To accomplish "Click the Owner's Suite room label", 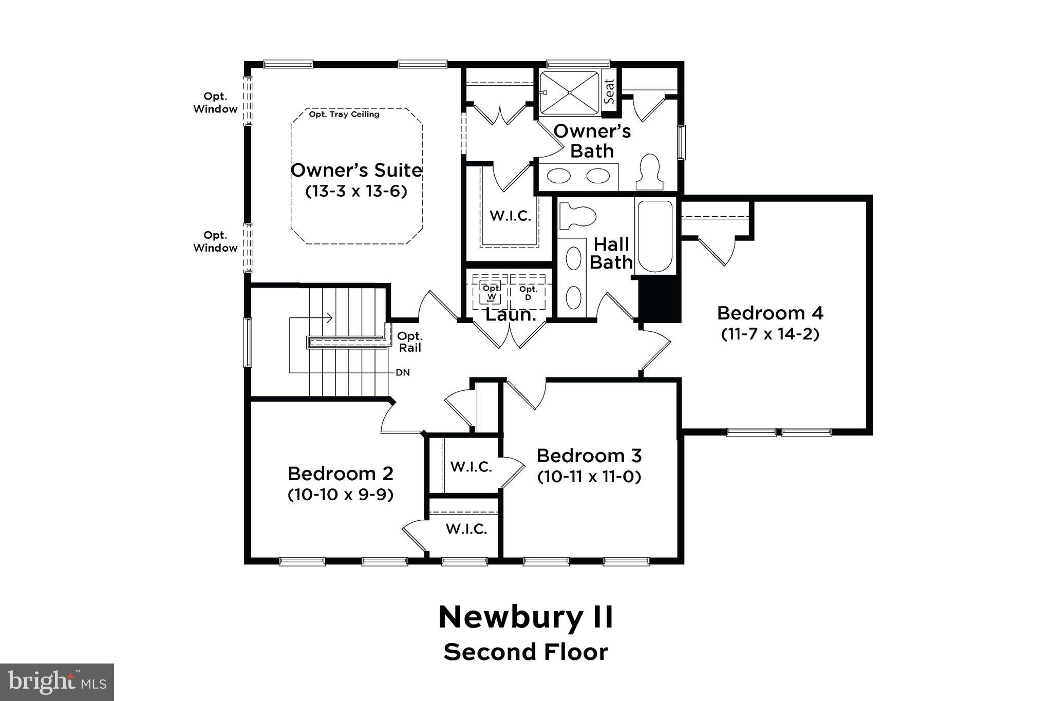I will tap(356, 170).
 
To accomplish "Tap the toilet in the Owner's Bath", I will tap(649, 172).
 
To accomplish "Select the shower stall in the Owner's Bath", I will tap(569, 92).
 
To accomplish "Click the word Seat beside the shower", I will tap(609, 91).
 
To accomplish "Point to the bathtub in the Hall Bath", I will tap(654, 236).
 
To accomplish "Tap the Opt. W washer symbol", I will tap(491, 292).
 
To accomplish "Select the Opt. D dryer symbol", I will tap(528, 293).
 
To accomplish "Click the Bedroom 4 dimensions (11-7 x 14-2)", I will tap(769, 334).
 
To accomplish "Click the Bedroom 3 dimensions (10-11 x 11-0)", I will tap(589, 477).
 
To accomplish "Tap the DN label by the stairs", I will tap(403, 372).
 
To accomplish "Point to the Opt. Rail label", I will tap(409, 342).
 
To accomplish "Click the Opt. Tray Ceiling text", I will tap(344, 114).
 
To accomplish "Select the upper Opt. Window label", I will tap(215, 103).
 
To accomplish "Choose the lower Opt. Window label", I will tap(215, 241).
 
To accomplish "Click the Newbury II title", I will tap(525, 617).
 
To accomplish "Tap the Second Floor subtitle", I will tap(525, 652).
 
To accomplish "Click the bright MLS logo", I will tap(57, 682).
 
